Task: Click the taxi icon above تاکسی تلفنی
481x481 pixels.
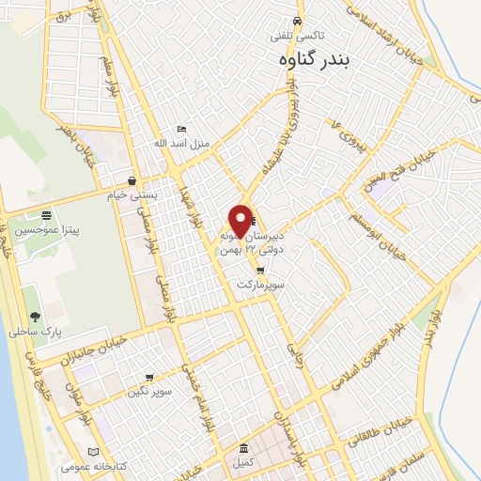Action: [x=297, y=21]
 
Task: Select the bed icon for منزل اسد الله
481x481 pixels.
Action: [x=182, y=130]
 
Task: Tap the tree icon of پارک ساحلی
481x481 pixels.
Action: [x=35, y=317]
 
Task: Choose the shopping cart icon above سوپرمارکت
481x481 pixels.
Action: [x=259, y=271]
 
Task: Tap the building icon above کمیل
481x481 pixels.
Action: [x=244, y=448]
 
